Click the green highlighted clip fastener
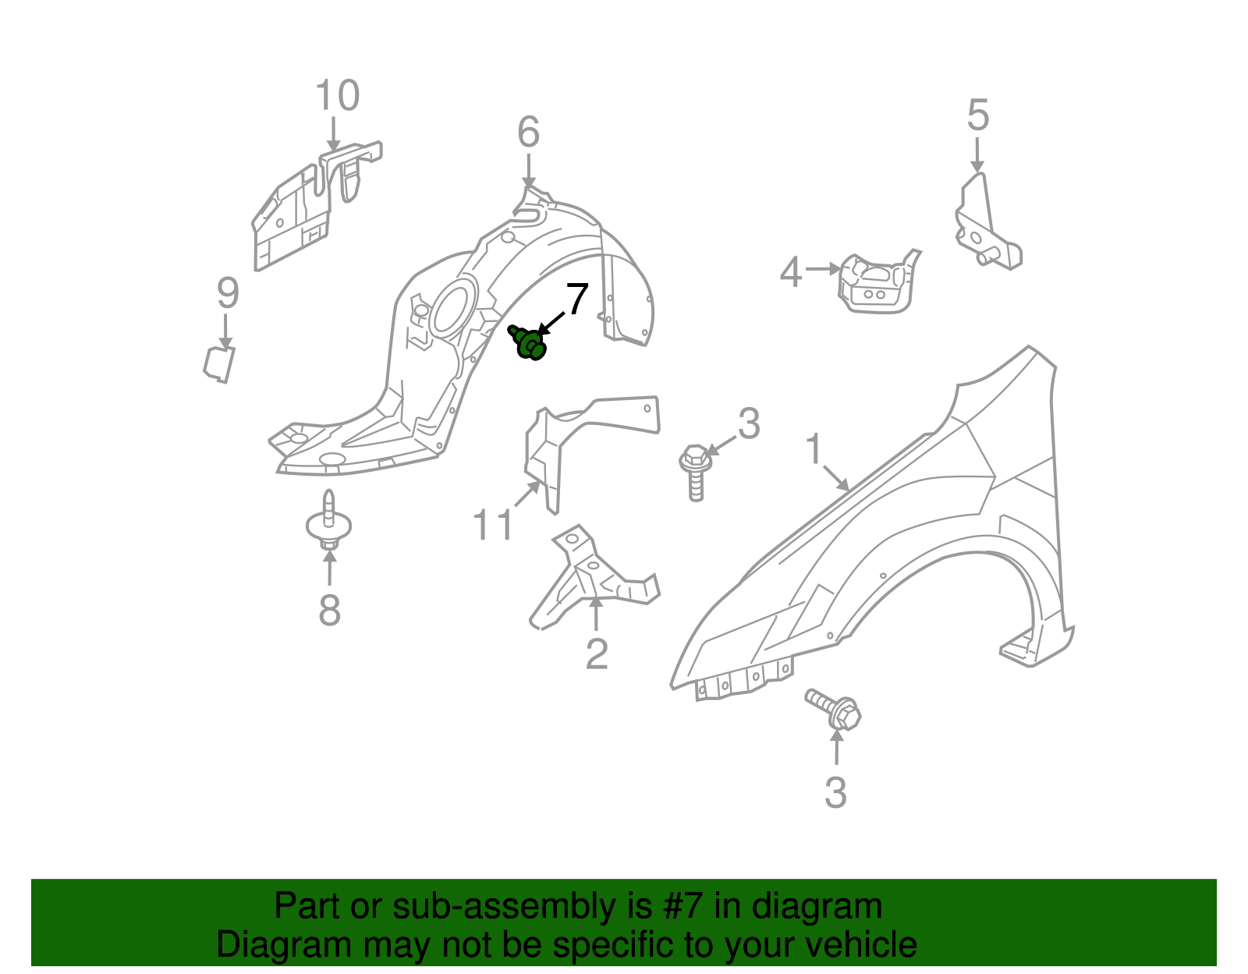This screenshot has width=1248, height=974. click(527, 342)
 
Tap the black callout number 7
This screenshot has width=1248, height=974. click(576, 299)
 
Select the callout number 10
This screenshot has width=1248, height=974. click(338, 95)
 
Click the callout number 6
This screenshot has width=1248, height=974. click(528, 132)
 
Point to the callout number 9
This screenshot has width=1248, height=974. click(228, 292)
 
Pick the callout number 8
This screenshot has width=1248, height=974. click(330, 610)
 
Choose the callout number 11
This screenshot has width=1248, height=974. click(493, 525)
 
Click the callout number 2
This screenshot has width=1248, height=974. click(597, 653)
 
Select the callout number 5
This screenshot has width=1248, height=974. click(978, 115)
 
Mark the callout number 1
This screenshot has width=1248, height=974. click(814, 448)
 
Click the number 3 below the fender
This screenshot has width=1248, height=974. click(835, 792)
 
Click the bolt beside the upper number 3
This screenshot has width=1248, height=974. click(696, 473)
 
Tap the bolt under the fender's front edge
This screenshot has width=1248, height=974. click(834, 710)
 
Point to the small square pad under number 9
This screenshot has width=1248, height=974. click(219, 364)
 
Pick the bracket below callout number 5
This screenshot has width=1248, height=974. click(987, 223)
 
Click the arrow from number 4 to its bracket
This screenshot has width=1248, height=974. click(823, 268)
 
